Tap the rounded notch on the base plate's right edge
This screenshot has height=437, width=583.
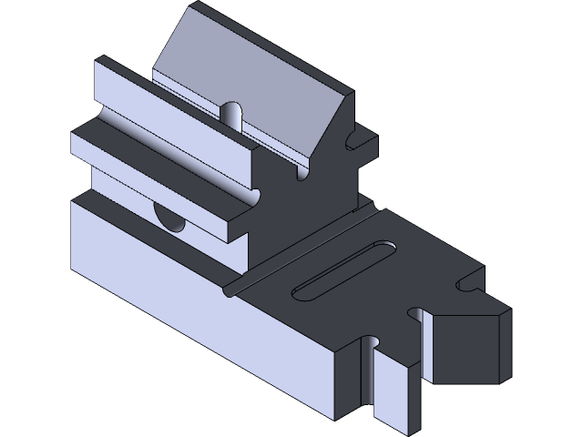coord(468,285)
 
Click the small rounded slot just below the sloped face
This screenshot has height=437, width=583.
coord(232,117)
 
